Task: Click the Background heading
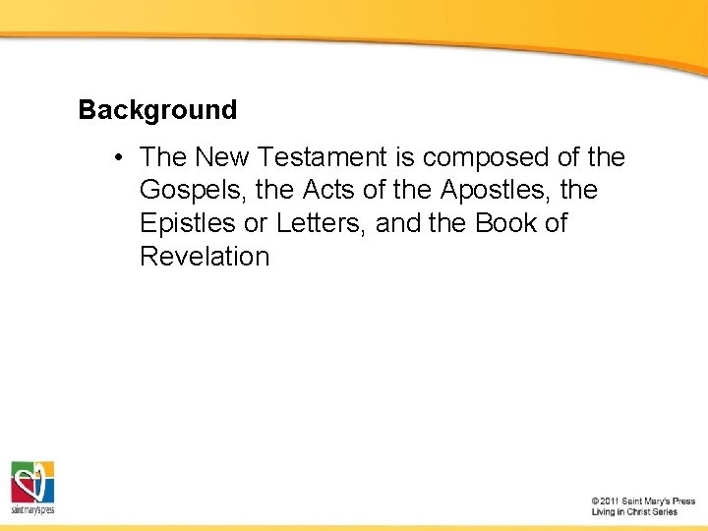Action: (157, 109)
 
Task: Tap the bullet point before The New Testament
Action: (117, 157)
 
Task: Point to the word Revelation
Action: (205, 257)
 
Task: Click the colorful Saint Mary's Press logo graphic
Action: (32, 482)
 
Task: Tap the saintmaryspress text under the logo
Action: (32, 510)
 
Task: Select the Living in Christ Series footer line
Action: (634, 512)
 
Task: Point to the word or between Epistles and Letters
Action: (256, 223)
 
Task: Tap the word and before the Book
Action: (397, 223)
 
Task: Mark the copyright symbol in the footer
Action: (596, 501)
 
